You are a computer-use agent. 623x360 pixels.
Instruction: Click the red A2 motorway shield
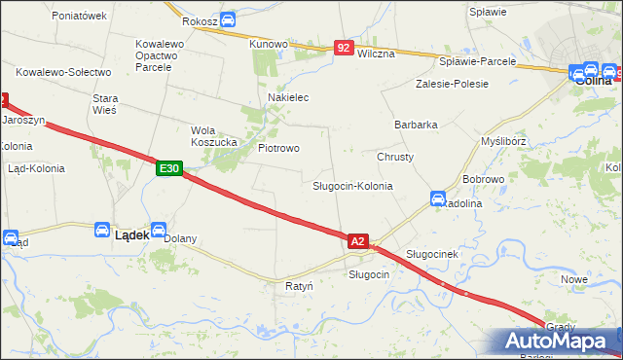coord(358,240)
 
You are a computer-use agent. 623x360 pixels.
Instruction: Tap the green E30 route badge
coord(169,168)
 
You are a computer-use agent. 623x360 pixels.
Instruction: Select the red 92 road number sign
coord(344,47)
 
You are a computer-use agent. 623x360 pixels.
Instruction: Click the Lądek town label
coord(131,234)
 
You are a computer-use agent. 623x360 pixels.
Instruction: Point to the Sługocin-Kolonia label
coord(352,185)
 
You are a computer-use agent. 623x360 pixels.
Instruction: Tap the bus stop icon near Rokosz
coord(227,18)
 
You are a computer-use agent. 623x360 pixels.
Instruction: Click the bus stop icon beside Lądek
coord(102,230)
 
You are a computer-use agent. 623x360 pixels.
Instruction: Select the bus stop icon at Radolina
coord(438,198)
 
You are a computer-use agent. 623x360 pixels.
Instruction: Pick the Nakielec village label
coord(288,98)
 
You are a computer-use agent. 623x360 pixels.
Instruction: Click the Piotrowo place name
coord(278,148)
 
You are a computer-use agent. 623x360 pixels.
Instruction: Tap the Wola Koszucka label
coord(214,136)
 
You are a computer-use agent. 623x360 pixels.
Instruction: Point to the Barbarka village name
coord(416,125)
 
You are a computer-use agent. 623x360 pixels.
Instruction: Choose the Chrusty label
coord(395,157)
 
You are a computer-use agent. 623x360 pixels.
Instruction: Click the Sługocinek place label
coord(431,254)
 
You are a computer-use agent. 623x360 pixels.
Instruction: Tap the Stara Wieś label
coord(104,104)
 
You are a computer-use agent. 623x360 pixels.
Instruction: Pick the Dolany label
coord(180,238)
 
